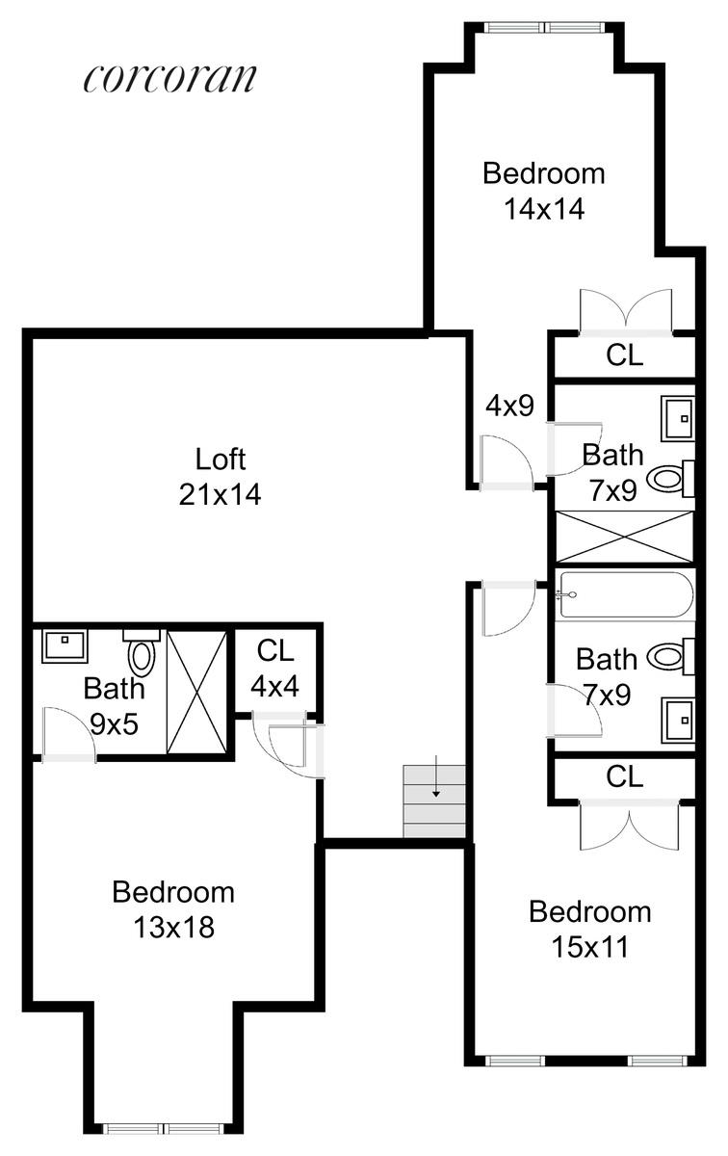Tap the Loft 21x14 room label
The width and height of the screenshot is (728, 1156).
click(221, 476)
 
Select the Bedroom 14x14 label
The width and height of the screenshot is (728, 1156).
click(544, 191)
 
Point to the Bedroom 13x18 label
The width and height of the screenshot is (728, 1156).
click(173, 909)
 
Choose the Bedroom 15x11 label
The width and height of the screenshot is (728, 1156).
click(589, 929)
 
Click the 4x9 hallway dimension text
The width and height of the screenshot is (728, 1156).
click(509, 406)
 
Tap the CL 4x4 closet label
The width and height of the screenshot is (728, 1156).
click(274, 668)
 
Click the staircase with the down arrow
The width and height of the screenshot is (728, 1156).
click(434, 801)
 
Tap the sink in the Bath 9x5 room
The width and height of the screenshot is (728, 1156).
click(64, 645)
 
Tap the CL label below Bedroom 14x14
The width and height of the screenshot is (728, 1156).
click(624, 355)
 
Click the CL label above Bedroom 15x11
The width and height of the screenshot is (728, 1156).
click(624, 777)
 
